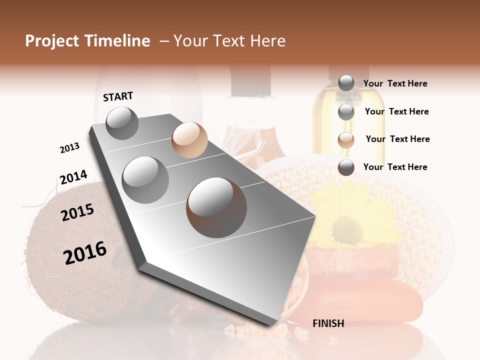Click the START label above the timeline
(118, 96)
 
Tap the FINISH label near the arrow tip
(328, 323)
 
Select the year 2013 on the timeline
(69, 148)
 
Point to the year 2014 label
(73, 177)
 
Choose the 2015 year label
(77, 213)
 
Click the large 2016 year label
(85, 252)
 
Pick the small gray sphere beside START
(122, 123)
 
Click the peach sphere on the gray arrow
(189, 140)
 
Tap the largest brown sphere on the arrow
(216, 207)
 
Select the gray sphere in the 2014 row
(145, 179)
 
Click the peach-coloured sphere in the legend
(346, 140)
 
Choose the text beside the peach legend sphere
(397, 139)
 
